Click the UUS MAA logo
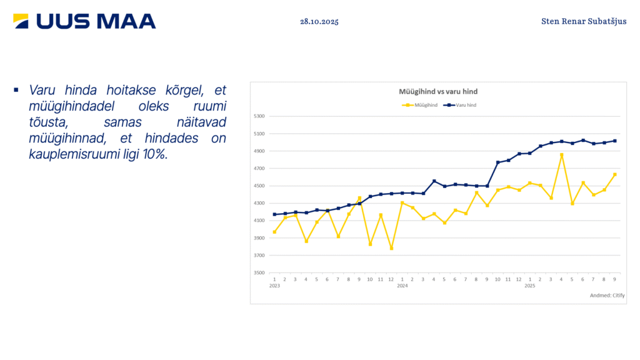[x=84, y=21]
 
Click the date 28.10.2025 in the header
[x=319, y=21]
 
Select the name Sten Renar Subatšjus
[x=584, y=21]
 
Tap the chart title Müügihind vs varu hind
[x=438, y=92]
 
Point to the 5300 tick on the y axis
[x=260, y=116]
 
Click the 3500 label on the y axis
[x=260, y=273]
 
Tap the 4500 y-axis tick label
[x=260, y=186]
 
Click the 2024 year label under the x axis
[x=402, y=286]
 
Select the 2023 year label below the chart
[x=274, y=286]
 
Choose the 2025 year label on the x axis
[x=530, y=286]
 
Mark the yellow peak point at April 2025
[x=562, y=154]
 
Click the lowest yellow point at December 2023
[x=391, y=248]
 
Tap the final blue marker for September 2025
[x=615, y=141]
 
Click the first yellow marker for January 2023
[x=274, y=232]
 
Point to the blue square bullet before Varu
[x=16, y=90]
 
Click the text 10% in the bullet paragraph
[x=156, y=154]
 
